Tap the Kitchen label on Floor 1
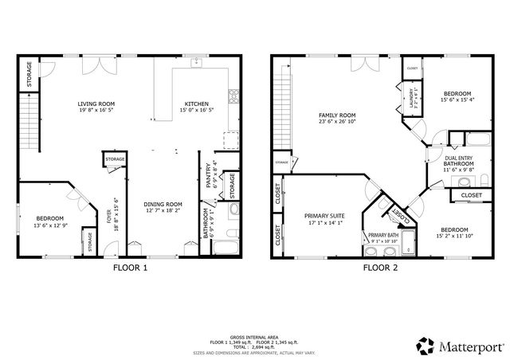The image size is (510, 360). pos(197,104)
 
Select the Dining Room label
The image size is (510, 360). pos(163,205)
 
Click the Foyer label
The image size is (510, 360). pos(110,216)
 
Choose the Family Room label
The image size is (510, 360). pos(335,115)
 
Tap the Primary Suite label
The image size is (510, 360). pos(324,215)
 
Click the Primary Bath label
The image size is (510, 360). pos(382,235)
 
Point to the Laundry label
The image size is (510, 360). pos(413,98)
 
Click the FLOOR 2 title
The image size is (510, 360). pos(380,268)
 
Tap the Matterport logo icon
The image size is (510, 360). pos(425,344)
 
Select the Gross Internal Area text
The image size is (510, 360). pos(253,337)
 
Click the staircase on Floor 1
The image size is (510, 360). pos(31,115)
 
